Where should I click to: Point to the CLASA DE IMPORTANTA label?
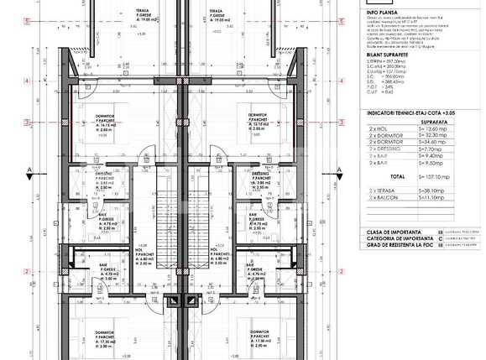[395, 232]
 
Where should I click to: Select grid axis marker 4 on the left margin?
[27, 81]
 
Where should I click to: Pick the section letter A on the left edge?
[29, 170]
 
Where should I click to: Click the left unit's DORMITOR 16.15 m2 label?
[110, 123]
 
